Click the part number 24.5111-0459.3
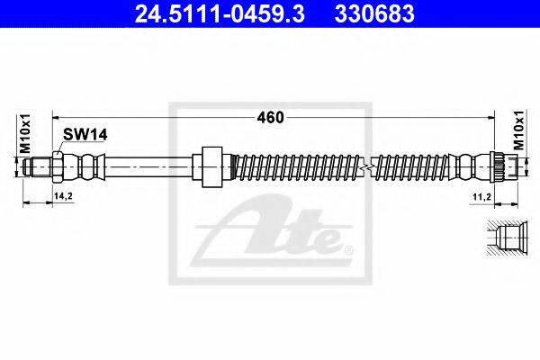coord(220,13)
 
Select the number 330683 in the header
coord(374,13)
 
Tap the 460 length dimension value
coord(270,118)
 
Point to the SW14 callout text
coord(85,135)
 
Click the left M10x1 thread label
coord(25,133)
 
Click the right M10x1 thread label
coord(519,130)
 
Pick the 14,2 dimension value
coord(63,196)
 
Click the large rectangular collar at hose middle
coord(211,166)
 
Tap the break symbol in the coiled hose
coord(367,166)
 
